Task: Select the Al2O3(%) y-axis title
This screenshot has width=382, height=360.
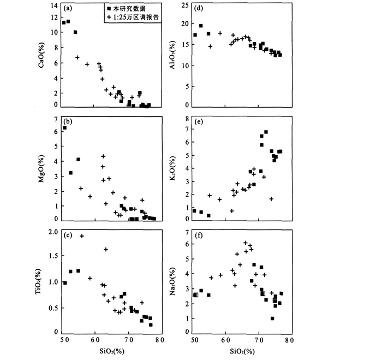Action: pos(172,55)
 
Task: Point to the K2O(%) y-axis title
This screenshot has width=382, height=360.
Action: pos(172,170)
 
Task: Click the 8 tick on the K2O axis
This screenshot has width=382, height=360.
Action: pos(186,119)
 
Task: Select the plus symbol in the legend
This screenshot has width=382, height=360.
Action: pos(110,18)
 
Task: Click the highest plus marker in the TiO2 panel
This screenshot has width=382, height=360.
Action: pos(82,236)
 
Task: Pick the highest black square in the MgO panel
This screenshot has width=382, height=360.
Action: pos(65,128)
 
